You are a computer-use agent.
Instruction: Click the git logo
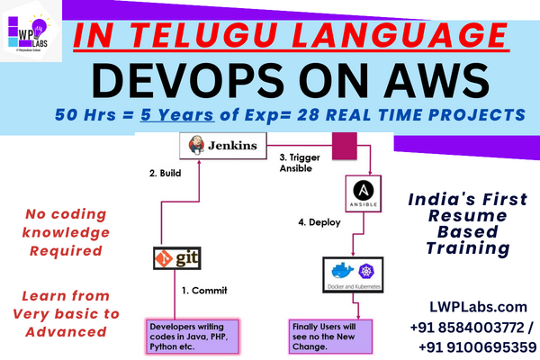(x=176, y=259)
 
